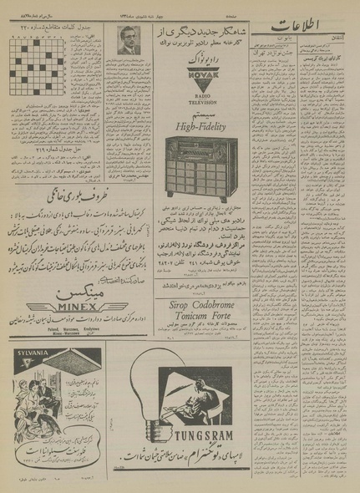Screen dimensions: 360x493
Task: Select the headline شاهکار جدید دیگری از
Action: [196, 32]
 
